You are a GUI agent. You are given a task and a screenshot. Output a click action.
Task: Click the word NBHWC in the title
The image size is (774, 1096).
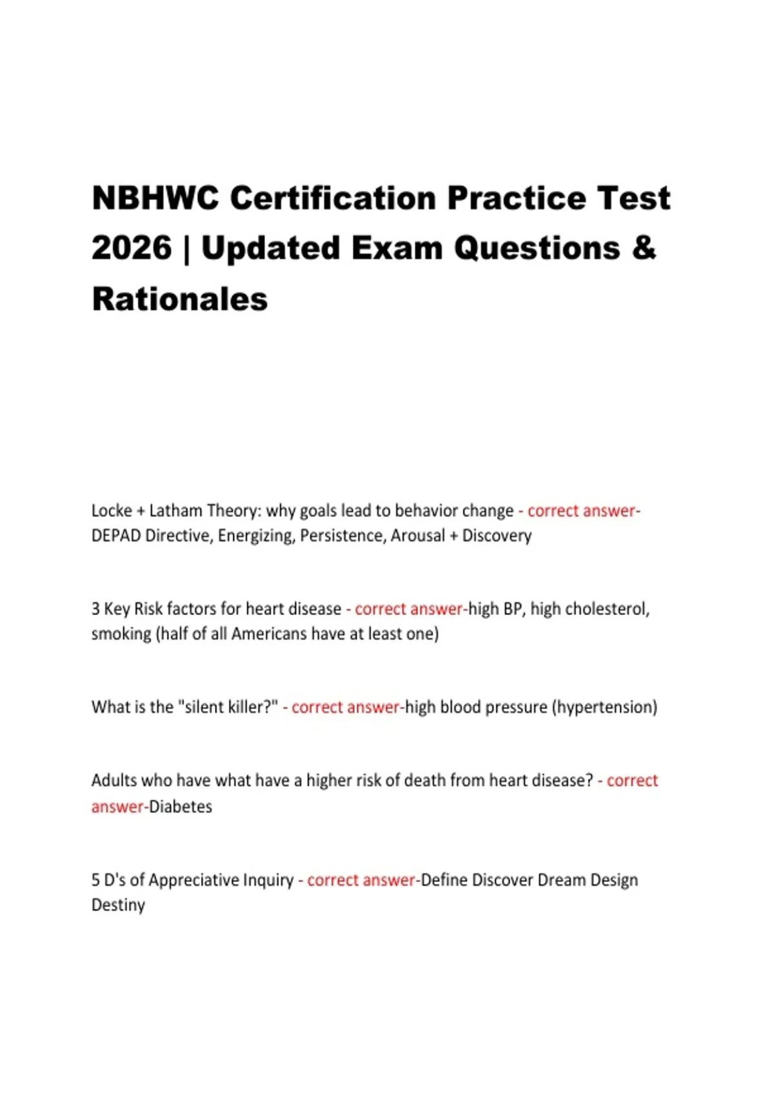pyautogui.click(x=155, y=198)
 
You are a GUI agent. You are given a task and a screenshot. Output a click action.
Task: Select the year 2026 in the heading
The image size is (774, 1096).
pyautogui.click(x=132, y=248)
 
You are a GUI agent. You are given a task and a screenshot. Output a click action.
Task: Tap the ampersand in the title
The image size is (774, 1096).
pyautogui.click(x=644, y=248)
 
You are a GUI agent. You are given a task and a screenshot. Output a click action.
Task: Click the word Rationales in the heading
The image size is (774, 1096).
pyautogui.click(x=180, y=299)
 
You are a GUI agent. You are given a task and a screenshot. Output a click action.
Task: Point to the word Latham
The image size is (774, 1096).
pyautogui.click(x=175, y=511)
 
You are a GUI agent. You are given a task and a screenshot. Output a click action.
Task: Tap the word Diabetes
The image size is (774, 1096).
pyautogui.click(x=181, y=807)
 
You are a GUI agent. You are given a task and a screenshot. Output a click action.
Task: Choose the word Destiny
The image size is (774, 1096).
pyautogui.click(x=118, y=905)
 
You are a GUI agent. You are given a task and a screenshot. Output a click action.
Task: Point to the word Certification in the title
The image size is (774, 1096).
pyautogui.click(x=333, y=198)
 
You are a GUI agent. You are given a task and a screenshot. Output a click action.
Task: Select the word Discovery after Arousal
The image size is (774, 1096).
pyautogui.click(x=497, y=536)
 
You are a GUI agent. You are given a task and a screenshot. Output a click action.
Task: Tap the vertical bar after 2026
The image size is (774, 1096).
pyautogui.click(x=187, y=250)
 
